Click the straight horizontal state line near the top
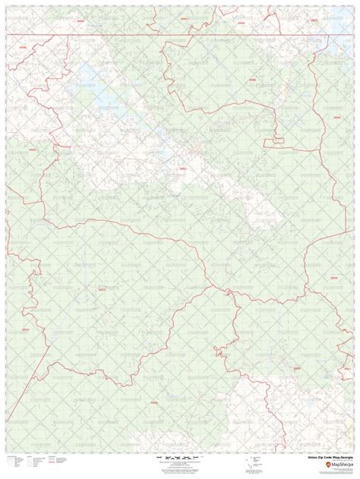[x=182, y=35]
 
